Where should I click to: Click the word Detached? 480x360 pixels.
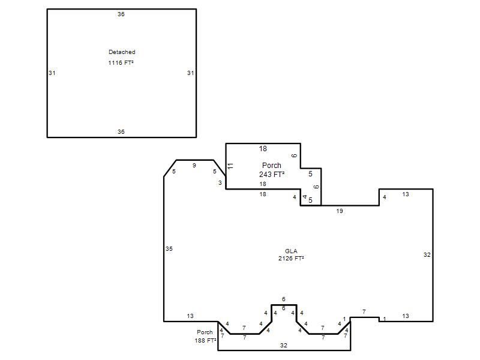tap(122, 52)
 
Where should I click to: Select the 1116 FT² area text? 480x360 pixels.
tap(121, 63)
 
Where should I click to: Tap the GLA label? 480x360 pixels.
tap(291, 251)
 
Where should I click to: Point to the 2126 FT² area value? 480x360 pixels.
tap(291, 259)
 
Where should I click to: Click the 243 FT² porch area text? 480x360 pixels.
tap(272, 175)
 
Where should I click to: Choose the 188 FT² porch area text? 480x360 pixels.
tap(205, 340)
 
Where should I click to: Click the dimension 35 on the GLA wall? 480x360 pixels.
tap(169, 249)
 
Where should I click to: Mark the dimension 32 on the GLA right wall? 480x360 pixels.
tap(427, 254)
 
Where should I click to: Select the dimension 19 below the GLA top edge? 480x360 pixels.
tap(340, 211)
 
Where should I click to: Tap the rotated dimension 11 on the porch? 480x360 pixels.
tap(230, 166)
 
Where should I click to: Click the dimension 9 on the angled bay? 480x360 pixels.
tap(194, 166)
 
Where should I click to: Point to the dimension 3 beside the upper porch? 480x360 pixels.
tap(220, 183)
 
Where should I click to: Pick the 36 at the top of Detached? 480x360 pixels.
tap(121, 14)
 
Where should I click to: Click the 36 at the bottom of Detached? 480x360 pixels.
tap(121, 131)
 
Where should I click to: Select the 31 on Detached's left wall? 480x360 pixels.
tap(52, 73)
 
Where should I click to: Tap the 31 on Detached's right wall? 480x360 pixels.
tap(190, 73)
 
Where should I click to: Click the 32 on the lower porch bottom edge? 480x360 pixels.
tap(283, 346)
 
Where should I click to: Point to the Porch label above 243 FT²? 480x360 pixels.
tap(272, 166)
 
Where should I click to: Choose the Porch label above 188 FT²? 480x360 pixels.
tap(205, 332)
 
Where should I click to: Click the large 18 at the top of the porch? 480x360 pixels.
tap(263, 149)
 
